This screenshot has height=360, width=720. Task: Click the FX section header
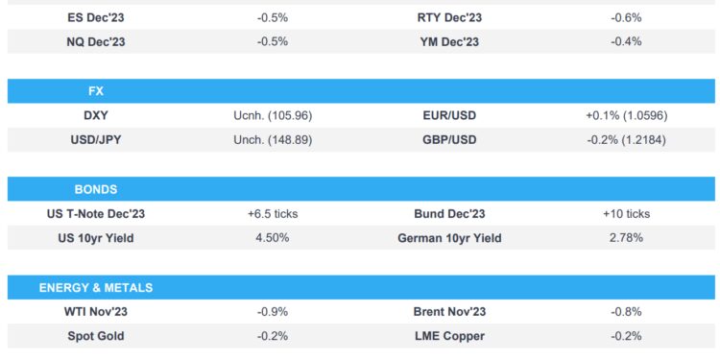95,91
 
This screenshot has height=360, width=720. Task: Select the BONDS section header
95,189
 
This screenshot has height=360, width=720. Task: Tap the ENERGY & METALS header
95,287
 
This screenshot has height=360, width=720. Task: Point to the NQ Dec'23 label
95,42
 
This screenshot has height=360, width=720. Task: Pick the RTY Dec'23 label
448,18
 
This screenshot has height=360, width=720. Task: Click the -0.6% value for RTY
626,18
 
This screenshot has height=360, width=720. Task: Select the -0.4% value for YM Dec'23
626,42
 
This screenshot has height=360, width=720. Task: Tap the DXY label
95,116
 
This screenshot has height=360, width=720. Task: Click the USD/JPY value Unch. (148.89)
273,140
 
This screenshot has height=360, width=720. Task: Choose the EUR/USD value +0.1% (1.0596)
626,116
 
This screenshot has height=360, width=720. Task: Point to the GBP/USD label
448,140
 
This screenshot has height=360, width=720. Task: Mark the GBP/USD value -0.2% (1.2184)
626,140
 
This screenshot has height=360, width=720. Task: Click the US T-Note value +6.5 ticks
273,214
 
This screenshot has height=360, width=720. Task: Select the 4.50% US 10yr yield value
273,238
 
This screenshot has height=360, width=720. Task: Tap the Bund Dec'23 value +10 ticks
626,214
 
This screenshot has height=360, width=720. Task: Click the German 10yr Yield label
448,238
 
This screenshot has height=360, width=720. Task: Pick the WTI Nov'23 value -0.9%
273,312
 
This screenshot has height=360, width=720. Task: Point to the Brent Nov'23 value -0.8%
626,312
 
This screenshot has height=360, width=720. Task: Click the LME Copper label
448,336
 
